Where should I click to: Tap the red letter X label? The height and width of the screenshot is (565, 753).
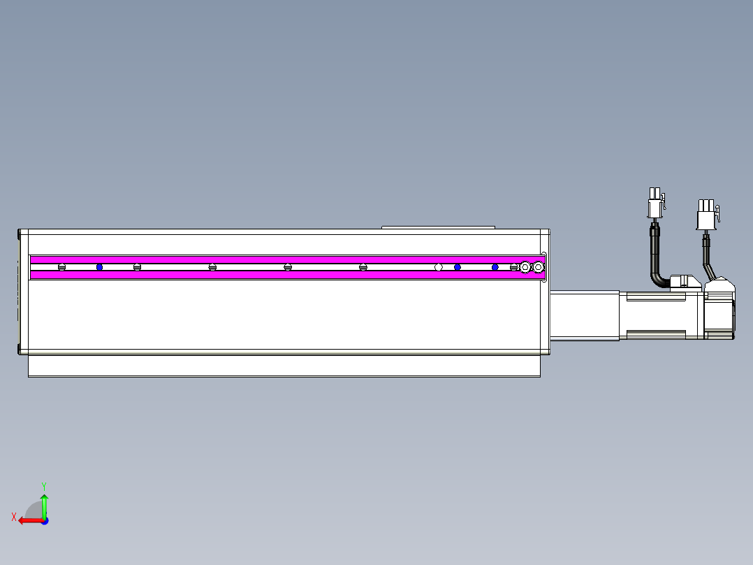pos(14,517)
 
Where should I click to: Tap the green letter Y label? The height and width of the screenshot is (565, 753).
pos(43,485)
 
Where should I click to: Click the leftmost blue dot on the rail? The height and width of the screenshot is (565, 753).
pos(99,267)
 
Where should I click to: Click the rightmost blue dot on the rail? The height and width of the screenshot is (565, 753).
pos(495,267)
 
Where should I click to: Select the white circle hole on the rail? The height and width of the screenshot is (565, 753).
pos(438,267)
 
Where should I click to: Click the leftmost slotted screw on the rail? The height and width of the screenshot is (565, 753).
pos(61,267)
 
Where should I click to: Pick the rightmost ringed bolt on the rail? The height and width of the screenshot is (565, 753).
pos(538,267)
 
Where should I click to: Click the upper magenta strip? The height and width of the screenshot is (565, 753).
pos(279,259)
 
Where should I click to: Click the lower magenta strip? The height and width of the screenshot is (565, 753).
pos(279,275)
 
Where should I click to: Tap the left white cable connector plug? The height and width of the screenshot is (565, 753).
pos(655,206)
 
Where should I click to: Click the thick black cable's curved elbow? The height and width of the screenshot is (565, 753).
pos(658,276)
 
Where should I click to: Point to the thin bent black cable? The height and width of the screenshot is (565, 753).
pos(708,262)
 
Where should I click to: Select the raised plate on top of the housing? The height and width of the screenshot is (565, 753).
pos(438,227)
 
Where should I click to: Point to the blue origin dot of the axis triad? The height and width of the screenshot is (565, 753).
pos(44,520)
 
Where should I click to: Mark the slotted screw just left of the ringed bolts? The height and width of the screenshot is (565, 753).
pos(513,267)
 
